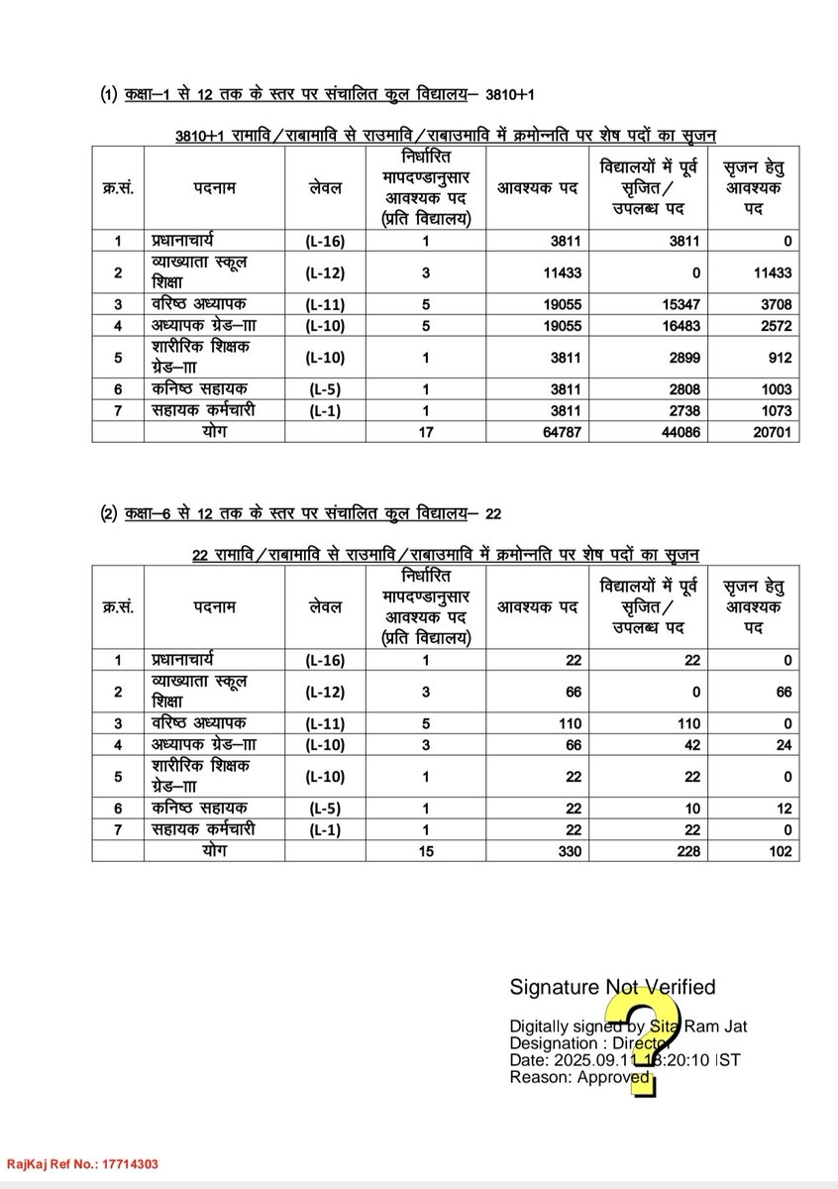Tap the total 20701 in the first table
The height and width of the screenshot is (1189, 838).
pyautogui.click(x=770, y=431)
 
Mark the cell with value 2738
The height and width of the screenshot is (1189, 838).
pyautogui.click(x=681, y=410)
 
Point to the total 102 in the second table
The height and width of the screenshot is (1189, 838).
pyautogui.click(x=778, y=851)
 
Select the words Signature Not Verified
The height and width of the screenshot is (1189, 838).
pyautogui.click(x=612, y=987)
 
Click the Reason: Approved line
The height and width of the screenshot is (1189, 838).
pyautogui.click(x=579, y=1077)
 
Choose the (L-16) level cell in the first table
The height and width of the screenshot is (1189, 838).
pyautogui.click(x=325, y=240)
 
